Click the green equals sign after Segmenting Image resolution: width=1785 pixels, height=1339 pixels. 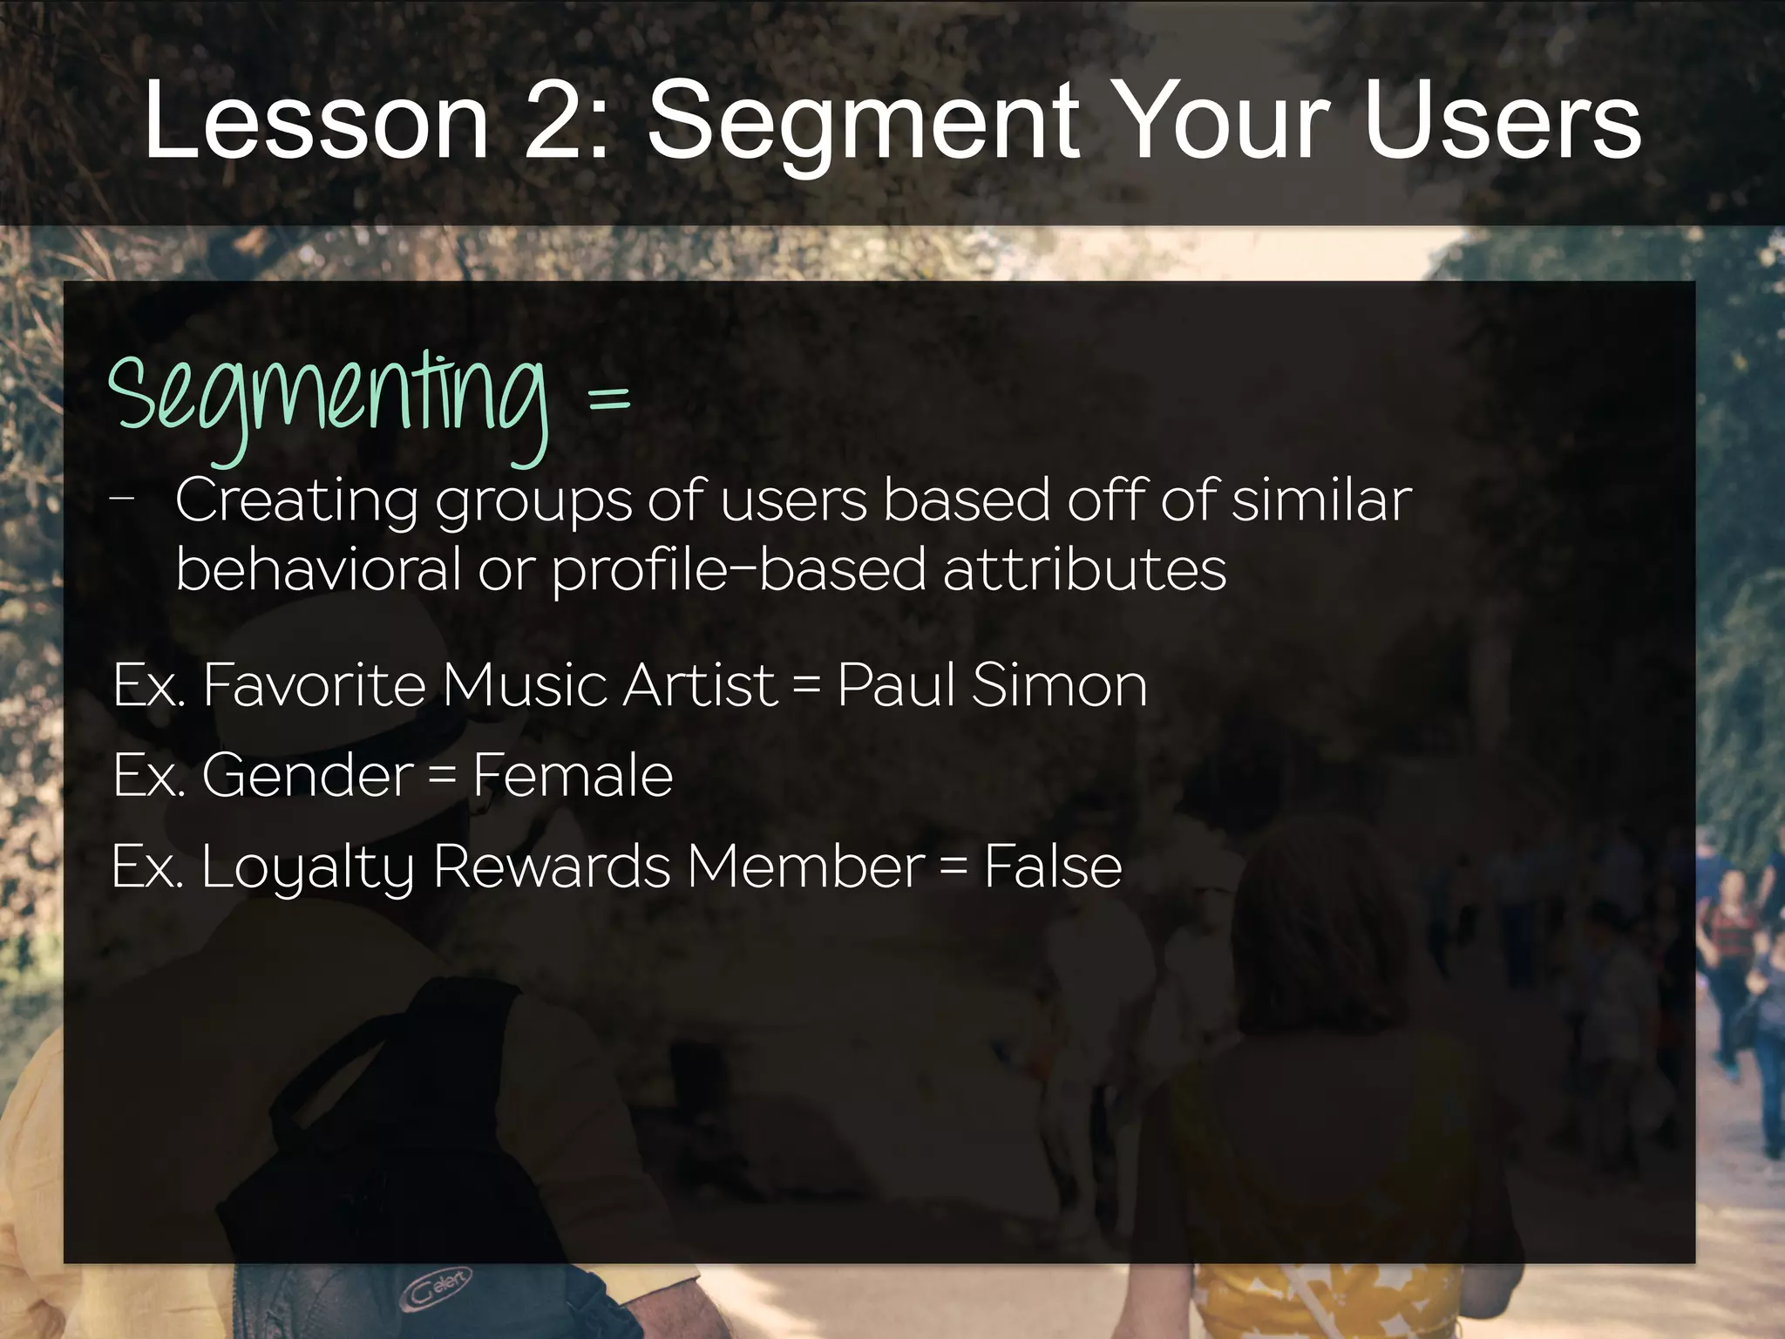click(x=608, y=400)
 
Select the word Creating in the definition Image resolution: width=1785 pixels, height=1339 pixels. click(x=296, y=500)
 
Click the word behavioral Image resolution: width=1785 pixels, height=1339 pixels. click(x=317, y=569)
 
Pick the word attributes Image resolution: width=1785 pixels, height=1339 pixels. click(x=1085, y=569)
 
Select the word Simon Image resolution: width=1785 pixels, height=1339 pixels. click(x=1059, y=685)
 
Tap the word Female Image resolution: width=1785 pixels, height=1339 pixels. click(x=573, y=775)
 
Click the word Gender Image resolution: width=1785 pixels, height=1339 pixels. click(x=308, y=775)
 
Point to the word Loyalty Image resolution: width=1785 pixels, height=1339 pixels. click(x=307, y=868)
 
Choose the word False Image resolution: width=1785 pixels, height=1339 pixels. click(x=1053, y=867)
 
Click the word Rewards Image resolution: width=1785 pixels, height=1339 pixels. click(x=552, y=867)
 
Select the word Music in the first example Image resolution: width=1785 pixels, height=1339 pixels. click(x=522, y=685)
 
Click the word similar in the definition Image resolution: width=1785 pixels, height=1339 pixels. click(x=1321, y=500)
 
